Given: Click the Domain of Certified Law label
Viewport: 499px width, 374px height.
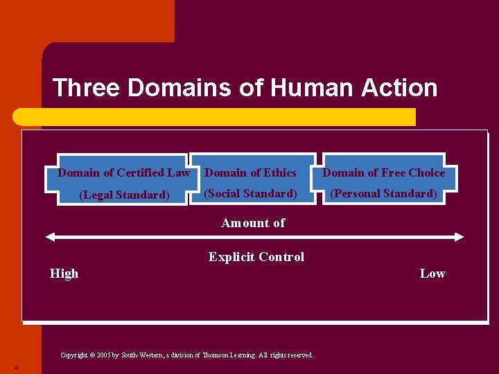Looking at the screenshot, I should point(123,172).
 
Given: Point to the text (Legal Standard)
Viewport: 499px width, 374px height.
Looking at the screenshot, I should point(124,195).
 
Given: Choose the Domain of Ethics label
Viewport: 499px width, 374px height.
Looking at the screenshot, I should point(251,172).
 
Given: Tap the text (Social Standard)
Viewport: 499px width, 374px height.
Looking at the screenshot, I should point(250,193).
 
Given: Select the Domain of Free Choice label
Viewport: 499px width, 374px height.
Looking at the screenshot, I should point(384,172).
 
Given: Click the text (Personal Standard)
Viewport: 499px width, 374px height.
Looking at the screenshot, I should point(383,193).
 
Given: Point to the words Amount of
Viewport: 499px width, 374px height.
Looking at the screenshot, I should point(253,222).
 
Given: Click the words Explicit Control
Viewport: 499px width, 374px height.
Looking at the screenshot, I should point(256,257).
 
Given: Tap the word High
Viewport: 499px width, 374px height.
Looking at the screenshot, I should point(64,274).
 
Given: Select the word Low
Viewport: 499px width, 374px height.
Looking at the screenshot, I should point(432,274).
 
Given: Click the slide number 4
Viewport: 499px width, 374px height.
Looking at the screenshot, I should point(15,367).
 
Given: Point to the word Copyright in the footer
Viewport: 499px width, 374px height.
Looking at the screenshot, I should point(74,355).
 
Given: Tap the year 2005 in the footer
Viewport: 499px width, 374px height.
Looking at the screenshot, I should point(104,355).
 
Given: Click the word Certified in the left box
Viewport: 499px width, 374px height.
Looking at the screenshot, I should point(141,172).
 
